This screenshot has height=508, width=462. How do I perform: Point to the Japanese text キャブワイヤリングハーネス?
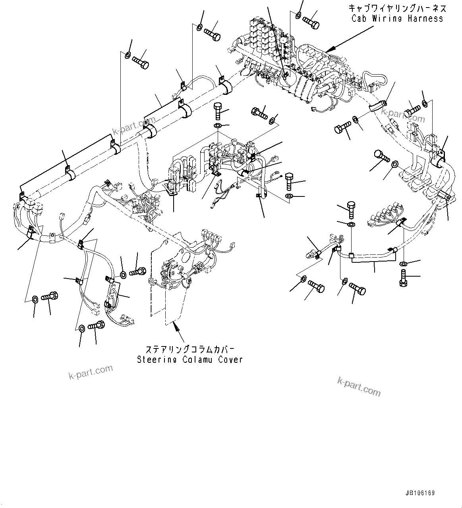click(397, 8)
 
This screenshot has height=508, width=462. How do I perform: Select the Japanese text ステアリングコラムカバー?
click(189, 349)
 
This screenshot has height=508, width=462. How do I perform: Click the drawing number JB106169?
click(420, 493)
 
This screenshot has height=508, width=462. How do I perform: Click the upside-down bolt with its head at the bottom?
click(404, 278)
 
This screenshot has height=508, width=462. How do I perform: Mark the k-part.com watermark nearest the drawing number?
click(359, 386)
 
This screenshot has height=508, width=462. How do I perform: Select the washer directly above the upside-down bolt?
click(404, 264)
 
